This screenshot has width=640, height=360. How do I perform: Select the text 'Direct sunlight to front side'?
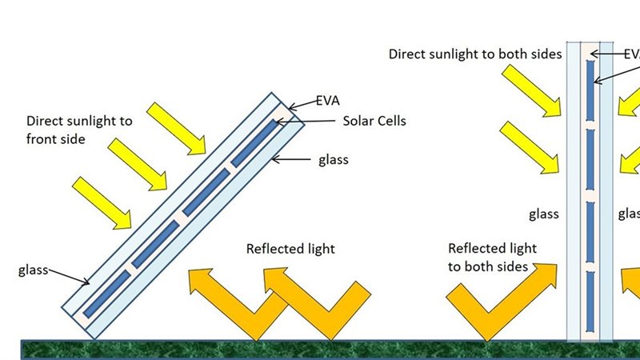pyautogui.click(x=79, y=129)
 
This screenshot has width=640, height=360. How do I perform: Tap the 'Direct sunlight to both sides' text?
pyautogui.click(x=475, y=54)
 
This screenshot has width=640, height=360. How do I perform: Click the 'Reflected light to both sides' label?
pyautogui.click(x=492, y=257)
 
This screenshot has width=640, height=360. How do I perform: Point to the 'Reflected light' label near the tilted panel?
pyautogui.click(x=290, y=249)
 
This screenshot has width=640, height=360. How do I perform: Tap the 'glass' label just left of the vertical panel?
pyautogui.click(x=544, y=214)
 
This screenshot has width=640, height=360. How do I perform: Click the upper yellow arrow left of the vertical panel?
pyautogui.click(x=530, y=88)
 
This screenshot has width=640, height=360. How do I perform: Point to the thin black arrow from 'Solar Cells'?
pyautogui.click(x=307, y=122)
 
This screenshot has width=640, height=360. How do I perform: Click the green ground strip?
pyautogui.click(x=320, y=349)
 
